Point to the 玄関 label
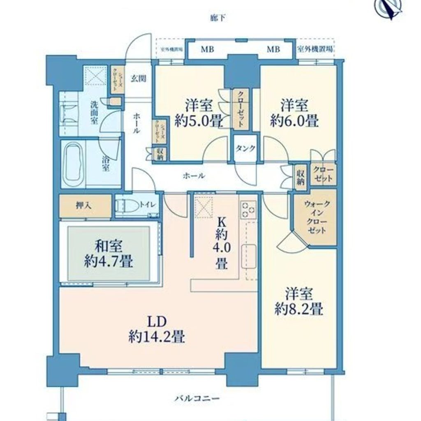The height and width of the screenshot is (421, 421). pos(136,79)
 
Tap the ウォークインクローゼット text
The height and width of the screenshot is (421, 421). pos(315,217)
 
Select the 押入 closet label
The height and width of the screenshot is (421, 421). pos(84,205)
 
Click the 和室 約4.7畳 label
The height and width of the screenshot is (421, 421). pos(109,254)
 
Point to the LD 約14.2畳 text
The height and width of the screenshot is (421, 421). pos(156,329)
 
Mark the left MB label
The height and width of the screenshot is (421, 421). pos(207,50)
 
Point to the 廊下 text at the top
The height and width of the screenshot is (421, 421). pos(217,18)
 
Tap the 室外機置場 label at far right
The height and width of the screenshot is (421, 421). pos(315,49)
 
